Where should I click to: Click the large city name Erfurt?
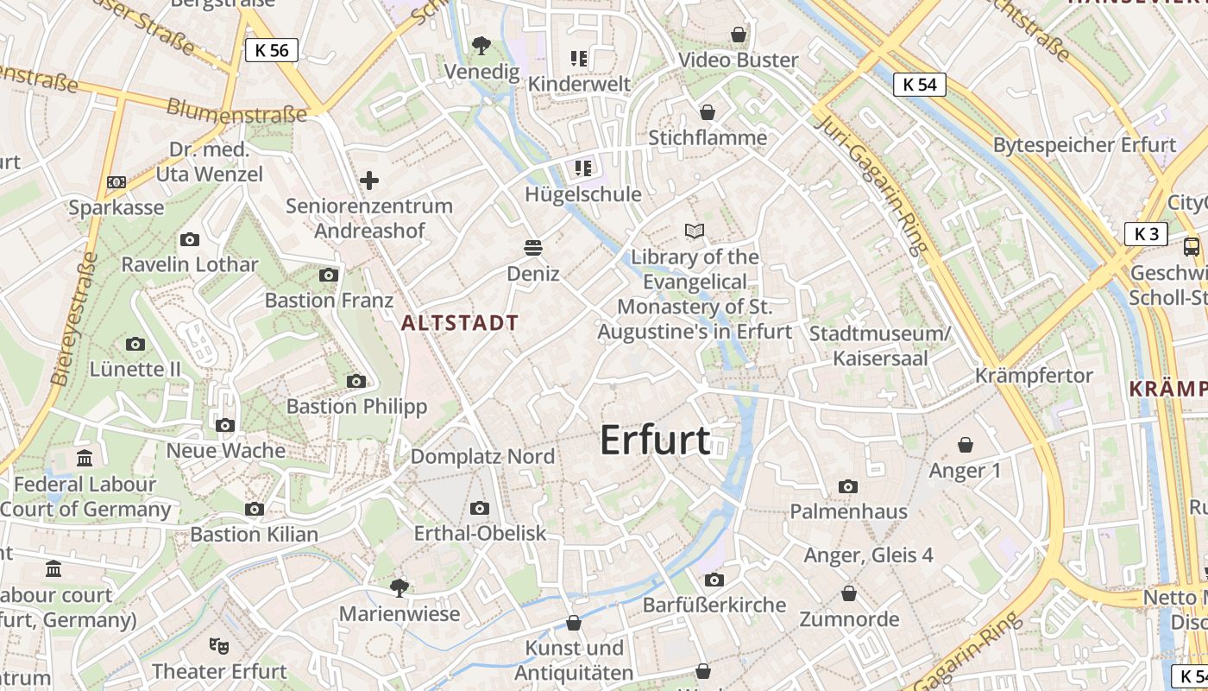coord(655,440)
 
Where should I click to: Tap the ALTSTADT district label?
coord(461,323)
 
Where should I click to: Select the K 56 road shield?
coord(272,50)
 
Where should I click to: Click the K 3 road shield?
coord(1146,233)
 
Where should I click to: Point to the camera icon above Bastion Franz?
coord(329,276)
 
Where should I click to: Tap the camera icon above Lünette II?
coord(135,344)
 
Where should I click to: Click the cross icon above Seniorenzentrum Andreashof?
coord(369,181)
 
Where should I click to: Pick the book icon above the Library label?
coord(695,231)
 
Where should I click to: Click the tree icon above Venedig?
coord(481,45)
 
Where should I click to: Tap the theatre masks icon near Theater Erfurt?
coord(219,644)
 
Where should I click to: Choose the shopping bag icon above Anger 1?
coord(966,445)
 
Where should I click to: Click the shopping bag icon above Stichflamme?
coord(708,112)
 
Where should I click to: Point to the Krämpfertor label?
coord(1034,376)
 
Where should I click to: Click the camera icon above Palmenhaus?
coord(848,486)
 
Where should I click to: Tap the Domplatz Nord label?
coord(482,456)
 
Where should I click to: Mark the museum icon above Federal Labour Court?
coord(85,458)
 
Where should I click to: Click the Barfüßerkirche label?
coord(714,605)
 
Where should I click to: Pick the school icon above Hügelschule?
coord(583,168)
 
